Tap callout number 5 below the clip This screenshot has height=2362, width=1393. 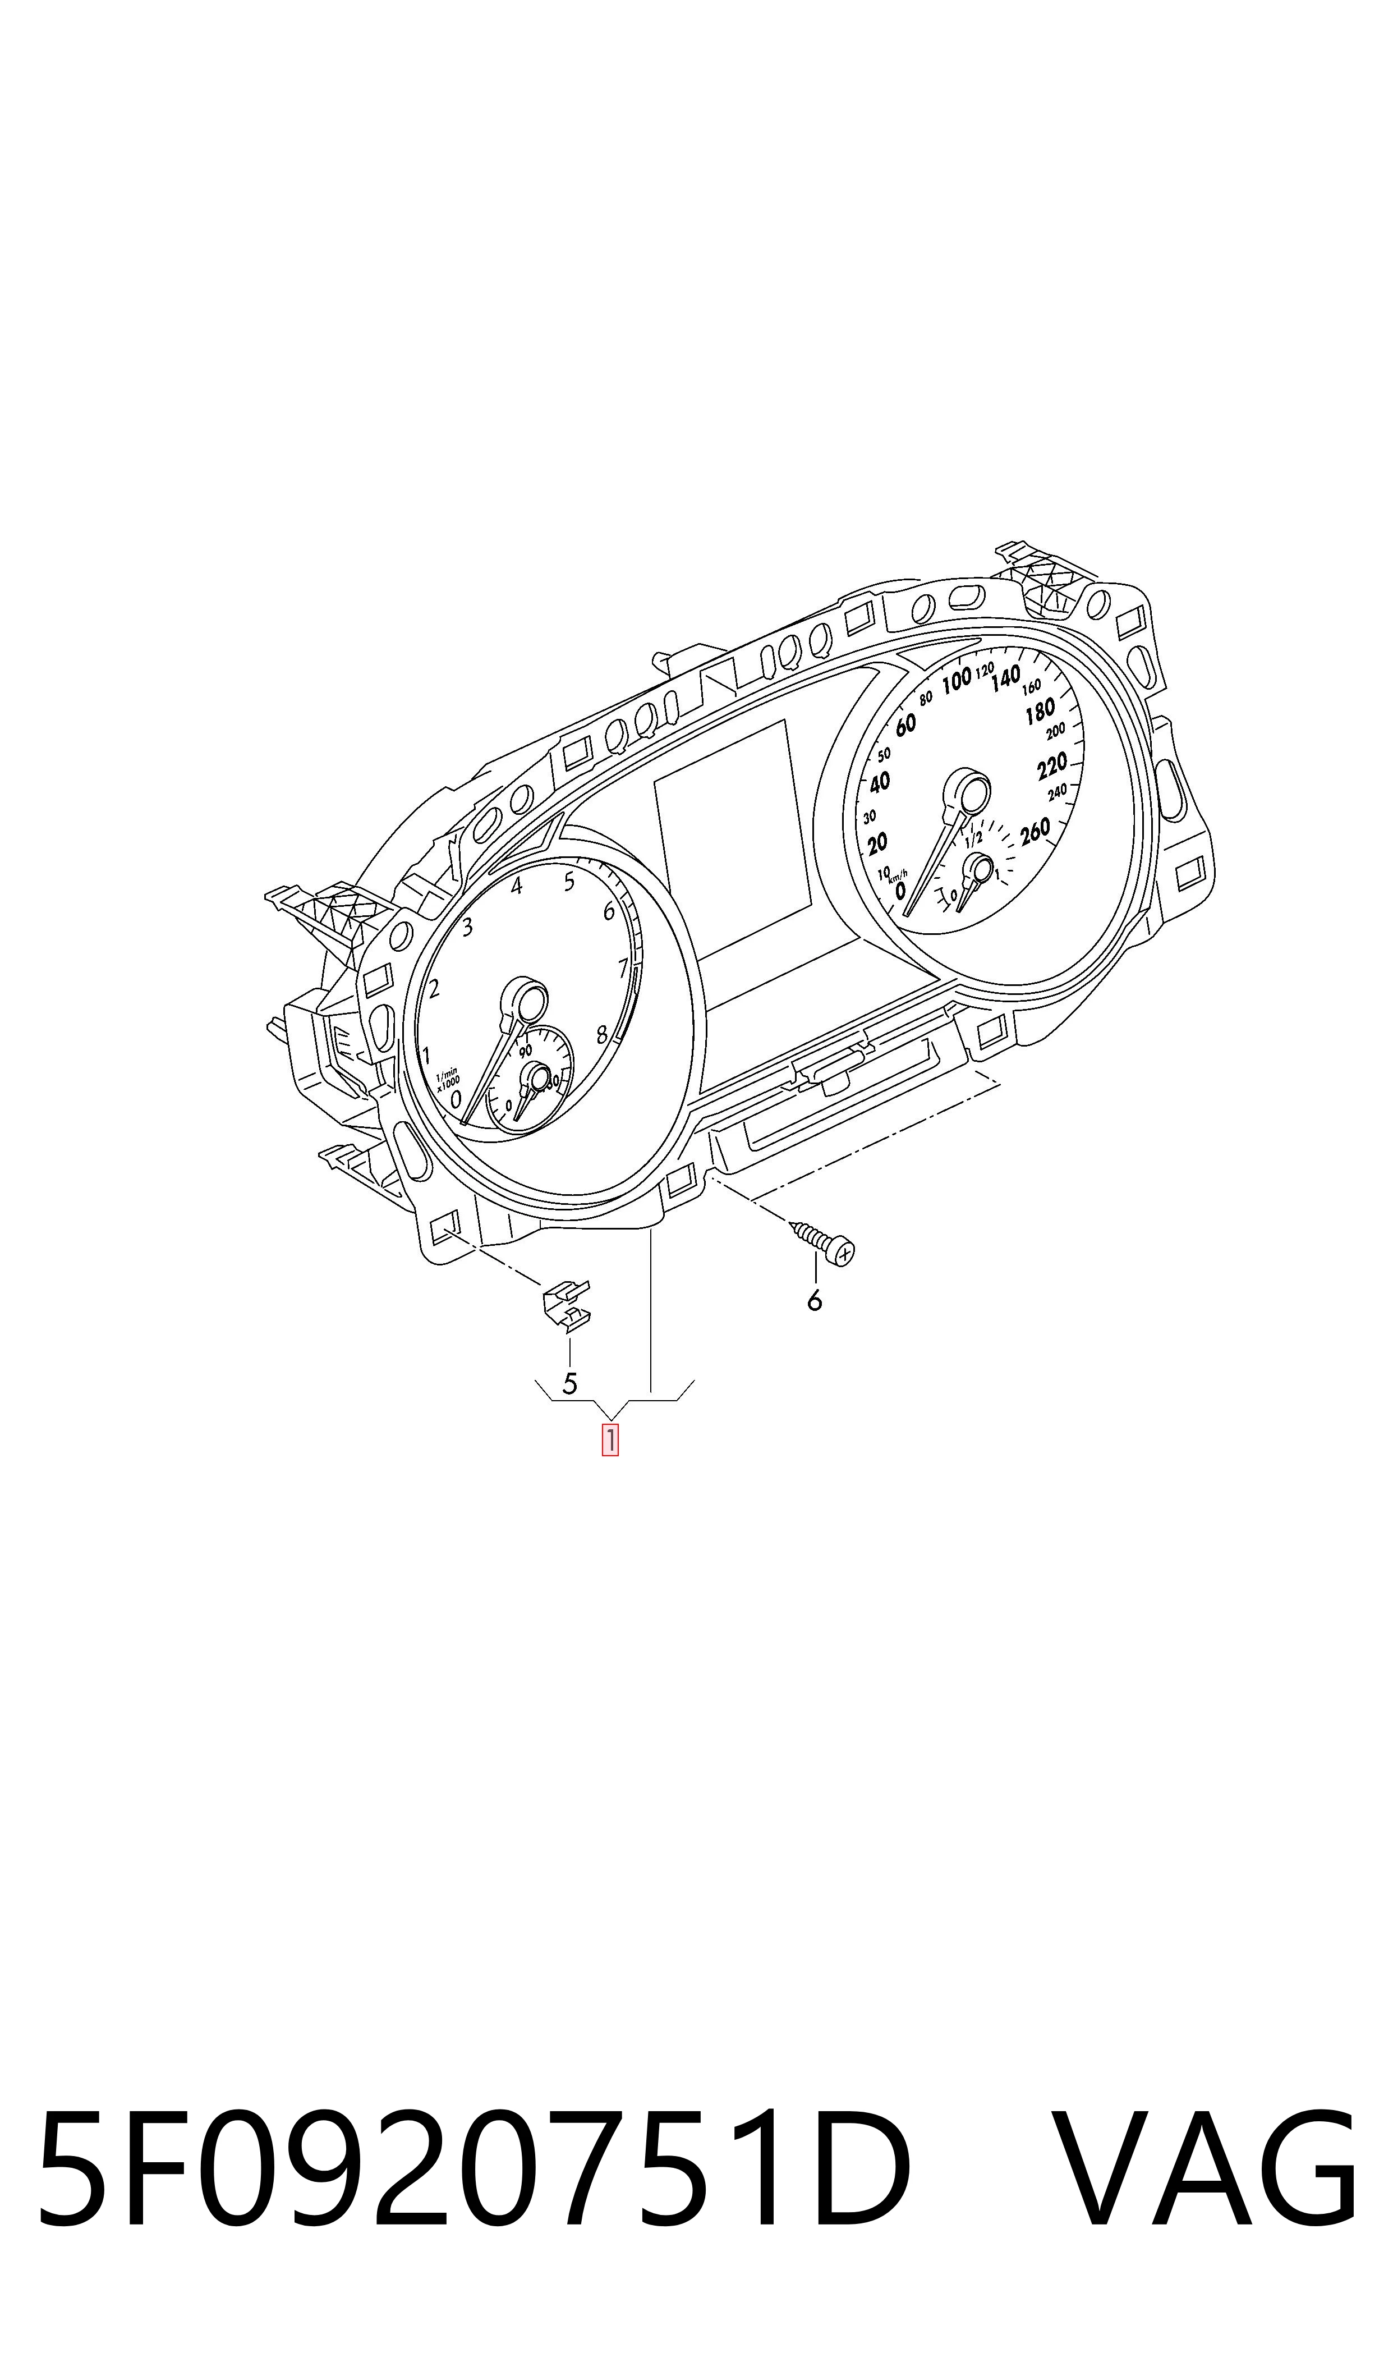point(569,1383)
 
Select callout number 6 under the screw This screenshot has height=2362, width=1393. point(814,1300)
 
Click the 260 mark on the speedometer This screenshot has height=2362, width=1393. point(1035,831)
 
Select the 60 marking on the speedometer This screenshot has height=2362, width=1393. point(905,724)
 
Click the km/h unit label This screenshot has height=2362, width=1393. point(898,873)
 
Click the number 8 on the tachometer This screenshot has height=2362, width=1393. point(602,1035)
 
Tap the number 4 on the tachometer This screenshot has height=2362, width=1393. point(516,886)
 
